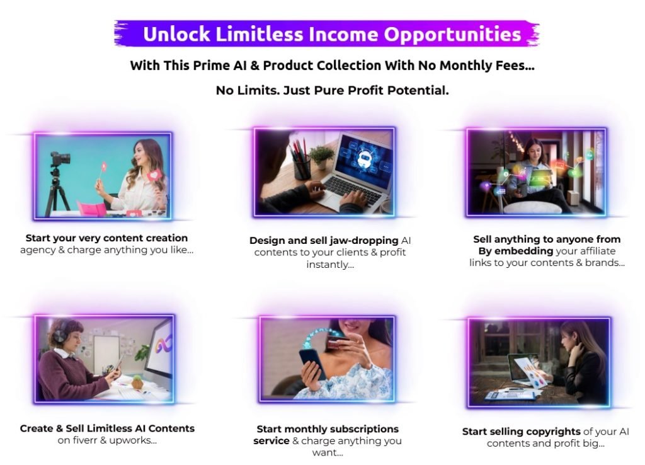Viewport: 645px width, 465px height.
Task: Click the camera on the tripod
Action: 60,159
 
